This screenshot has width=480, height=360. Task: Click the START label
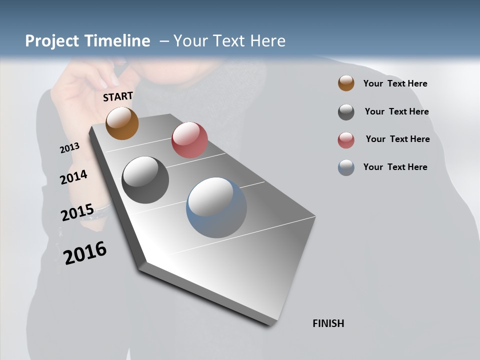click(118, 96)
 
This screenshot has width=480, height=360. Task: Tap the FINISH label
click(328, 323)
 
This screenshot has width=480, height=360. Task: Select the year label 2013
click(69, 148)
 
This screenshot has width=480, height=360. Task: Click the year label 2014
click(73, 177)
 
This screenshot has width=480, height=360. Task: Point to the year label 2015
click(77, 212)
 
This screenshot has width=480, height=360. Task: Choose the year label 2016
click(85, 253)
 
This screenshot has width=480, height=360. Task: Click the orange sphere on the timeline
click(122, 123)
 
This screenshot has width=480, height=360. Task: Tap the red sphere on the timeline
click(189, 140)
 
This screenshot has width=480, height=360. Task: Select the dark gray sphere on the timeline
click(145, 180)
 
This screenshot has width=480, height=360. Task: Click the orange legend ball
click(346, 83)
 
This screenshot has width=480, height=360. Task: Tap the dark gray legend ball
click(346, 111)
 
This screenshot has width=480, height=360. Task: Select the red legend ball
click(346, 139)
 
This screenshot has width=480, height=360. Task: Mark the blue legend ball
click(346, 167)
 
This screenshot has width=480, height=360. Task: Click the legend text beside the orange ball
click(395, 83)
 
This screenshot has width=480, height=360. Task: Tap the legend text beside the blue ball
click(395, 167)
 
